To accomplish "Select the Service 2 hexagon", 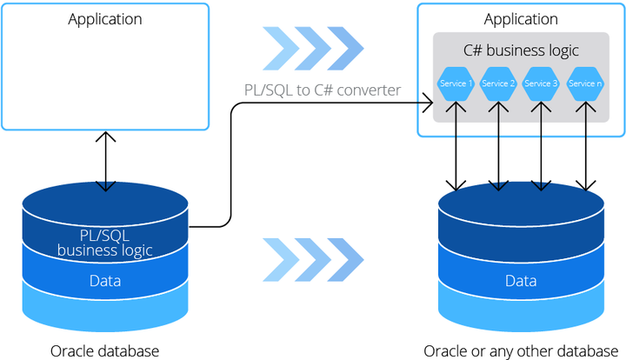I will click(498, 83).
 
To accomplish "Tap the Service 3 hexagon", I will click(542, 83).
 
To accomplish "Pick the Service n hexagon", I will click(584, 83).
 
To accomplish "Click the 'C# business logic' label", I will click(521, 50).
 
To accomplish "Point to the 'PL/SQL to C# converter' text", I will click(322, 89).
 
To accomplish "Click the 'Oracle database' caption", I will click(105, 350).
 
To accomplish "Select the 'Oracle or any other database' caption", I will click(520, 350).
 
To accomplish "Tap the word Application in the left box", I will click(105, 19).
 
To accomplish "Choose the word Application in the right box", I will click(521, 19).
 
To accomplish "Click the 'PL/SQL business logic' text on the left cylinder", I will click(105, 243).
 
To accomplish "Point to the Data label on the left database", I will click(105, 281).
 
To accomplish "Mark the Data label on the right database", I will click(521, 281).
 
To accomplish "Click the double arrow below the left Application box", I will click(105, 161).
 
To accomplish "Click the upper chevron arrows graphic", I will click(313, 47).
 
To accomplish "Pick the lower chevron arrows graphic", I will click(313, 258).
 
